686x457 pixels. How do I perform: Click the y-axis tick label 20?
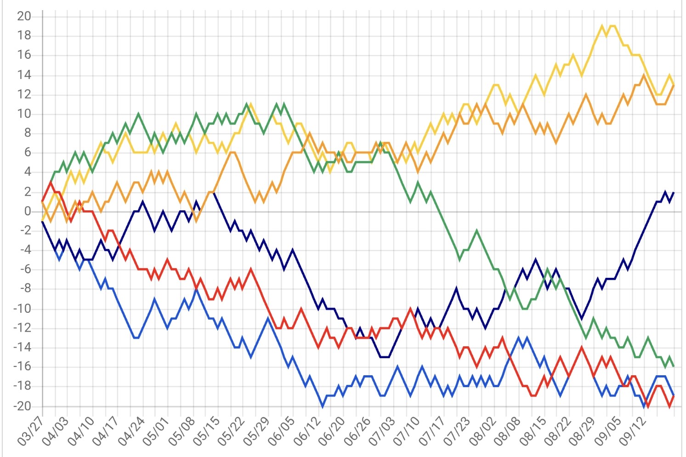coord(24,16)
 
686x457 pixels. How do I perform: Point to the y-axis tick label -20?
coord(22,406)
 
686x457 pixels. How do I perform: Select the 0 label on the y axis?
coord(28,211)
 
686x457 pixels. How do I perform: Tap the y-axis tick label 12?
coord(24,94)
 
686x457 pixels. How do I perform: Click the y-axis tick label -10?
coord(22,309)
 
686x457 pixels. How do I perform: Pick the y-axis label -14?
coord(22,348)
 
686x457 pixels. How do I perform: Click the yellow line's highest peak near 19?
coord(602,26)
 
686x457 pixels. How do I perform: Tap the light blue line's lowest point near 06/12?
coord(323,406)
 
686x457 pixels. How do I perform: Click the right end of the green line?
coord(674,366)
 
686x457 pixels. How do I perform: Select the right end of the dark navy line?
coord(674,192)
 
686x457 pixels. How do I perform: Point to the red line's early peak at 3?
coord(51,182)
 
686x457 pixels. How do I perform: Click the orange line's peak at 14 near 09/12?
coord(644,75)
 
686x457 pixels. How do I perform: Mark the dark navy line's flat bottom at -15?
coord(385,357)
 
